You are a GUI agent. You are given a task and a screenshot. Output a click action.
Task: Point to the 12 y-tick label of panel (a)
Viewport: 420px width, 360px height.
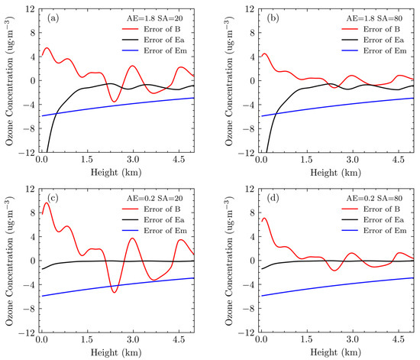click(27, 8)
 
